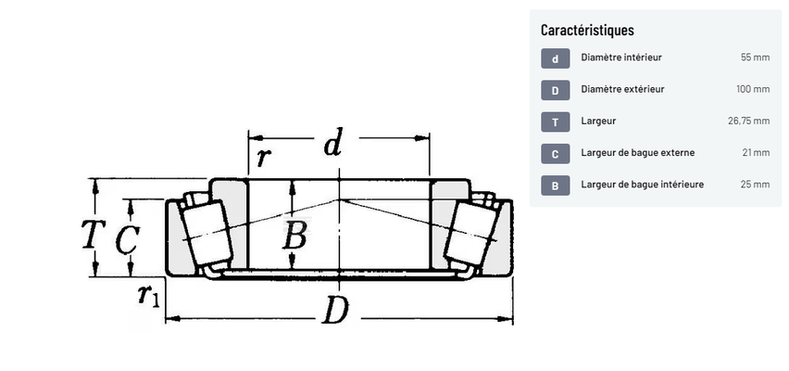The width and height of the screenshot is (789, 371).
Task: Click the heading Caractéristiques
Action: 587,31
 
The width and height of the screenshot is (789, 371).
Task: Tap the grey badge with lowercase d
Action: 556,58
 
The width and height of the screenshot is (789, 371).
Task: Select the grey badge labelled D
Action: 556,90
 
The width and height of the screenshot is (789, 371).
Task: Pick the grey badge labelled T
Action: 556,122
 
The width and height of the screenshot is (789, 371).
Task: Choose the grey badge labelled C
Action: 556,154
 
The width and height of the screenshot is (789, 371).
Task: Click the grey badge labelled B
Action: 556,185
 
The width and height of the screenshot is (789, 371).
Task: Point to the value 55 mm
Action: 755,58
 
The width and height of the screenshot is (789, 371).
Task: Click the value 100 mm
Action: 753,89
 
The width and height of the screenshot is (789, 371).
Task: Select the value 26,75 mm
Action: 749,121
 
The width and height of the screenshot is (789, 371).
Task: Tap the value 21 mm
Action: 756,153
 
